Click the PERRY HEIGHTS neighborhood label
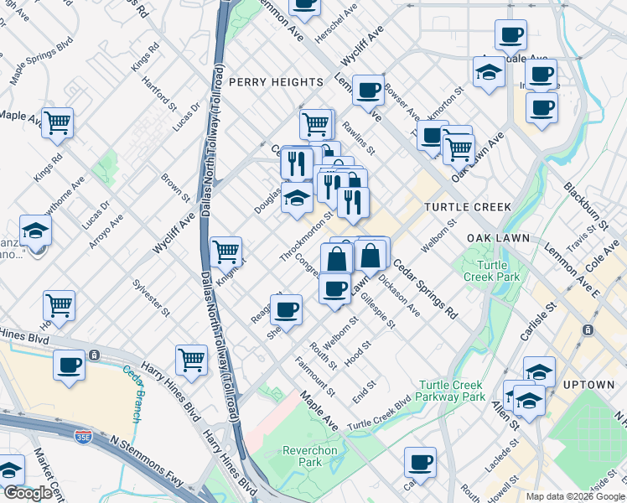click(276, 82)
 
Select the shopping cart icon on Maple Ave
click(57, 122)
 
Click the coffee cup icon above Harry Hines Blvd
click(69, 365)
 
